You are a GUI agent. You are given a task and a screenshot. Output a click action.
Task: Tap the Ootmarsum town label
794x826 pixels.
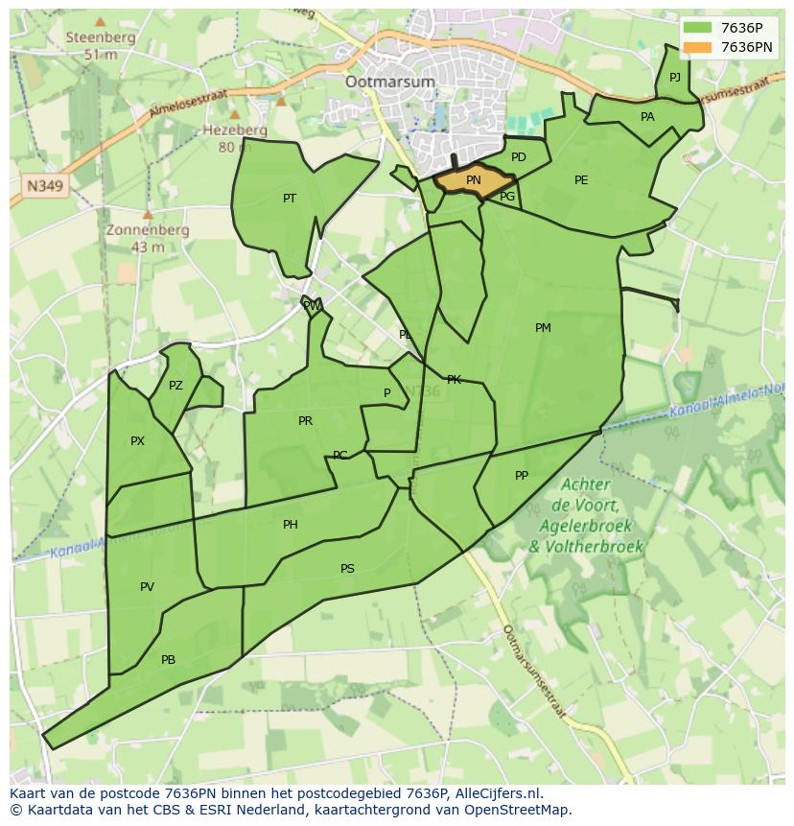pos(390,82)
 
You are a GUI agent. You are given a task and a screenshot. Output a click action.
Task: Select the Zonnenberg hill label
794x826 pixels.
pos(148,231)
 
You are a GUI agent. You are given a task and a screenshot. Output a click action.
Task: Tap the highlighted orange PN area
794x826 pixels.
pos(474,180)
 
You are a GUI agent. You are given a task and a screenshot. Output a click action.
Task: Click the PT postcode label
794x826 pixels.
pos(290,199)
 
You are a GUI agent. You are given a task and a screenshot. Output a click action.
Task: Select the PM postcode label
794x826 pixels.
pos(543,328)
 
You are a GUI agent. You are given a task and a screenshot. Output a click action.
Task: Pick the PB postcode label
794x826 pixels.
pos(168,660)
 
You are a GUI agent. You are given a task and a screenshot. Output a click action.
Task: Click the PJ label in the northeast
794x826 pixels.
pos(675,78)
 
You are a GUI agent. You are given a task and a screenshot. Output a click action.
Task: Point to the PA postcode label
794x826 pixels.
pos(647,117)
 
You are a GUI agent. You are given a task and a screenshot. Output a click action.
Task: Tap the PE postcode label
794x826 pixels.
pos(581,180)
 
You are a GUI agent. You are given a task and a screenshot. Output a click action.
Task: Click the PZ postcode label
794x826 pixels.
pos(175,386)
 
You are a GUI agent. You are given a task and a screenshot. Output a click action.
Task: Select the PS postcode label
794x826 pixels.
pos(347,569)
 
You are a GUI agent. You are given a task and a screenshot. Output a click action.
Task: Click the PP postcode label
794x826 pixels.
pos(522,476)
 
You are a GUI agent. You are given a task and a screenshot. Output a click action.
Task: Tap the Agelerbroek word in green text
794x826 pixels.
pos(586,527)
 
